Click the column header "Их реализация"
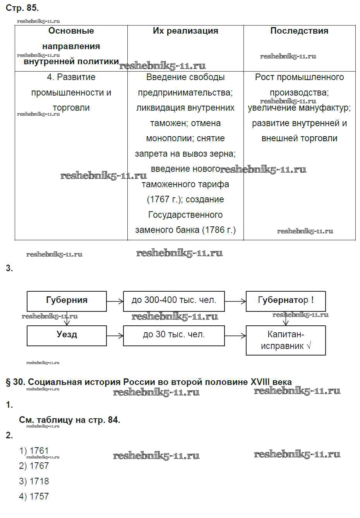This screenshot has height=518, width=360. (185, 31)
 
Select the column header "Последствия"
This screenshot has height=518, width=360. (299, 31)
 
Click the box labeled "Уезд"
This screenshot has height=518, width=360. (67, 335)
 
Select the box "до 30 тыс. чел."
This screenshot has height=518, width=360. (174, 335)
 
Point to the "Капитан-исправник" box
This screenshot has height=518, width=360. (286, 340)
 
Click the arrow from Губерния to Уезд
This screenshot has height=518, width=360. (67, 318)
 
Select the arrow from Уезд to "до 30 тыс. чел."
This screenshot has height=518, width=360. (115, 336)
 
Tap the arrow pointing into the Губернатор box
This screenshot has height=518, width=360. (235, 301)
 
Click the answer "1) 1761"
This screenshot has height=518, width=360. (34, 451)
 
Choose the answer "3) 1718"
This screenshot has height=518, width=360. (34, 481)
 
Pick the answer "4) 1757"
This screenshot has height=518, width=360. (34, 496)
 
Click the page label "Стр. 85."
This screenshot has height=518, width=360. (22, 8)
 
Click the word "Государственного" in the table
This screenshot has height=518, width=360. (185, 215)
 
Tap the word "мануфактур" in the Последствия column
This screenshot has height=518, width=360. (325, 108)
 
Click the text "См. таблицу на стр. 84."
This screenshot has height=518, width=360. (70, 420)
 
